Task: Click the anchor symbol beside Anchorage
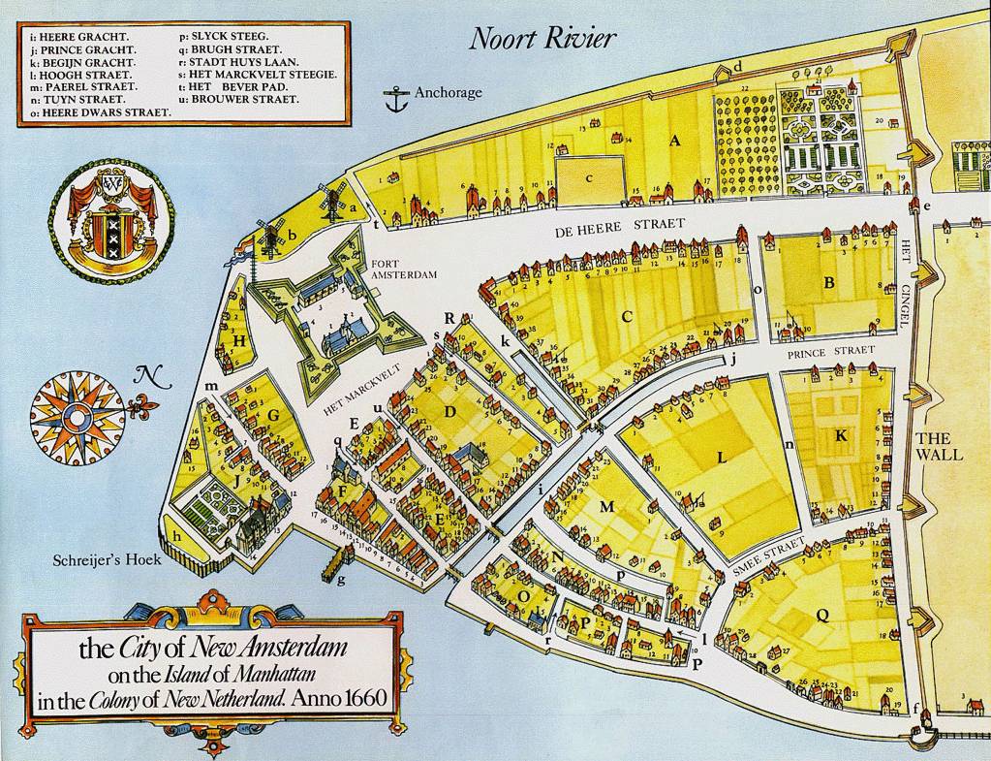(393, 98)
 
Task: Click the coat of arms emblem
(111, 218)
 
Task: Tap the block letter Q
(822, 614)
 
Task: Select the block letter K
(841, 436)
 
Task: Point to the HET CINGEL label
(907, 281)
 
